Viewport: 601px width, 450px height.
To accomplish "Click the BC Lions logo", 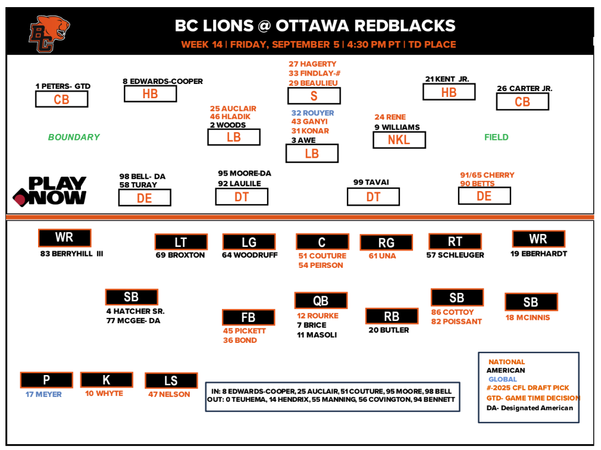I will (49, 34).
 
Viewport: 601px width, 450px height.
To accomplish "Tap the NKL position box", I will (399, 140).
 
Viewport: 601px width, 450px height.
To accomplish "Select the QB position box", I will (320, 301).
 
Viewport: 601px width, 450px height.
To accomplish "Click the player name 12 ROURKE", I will (318, 315).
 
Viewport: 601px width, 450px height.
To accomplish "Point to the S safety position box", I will (314, 96).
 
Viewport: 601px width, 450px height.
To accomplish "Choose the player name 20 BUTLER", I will (389, 330).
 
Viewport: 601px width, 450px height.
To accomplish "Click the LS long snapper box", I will (171, 381).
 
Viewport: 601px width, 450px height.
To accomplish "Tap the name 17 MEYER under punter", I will (43, 394).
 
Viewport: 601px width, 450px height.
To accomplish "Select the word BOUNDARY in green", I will (74, 137).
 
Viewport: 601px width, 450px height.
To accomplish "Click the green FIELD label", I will (496, 137).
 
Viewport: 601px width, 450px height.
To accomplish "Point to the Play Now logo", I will (50, 191).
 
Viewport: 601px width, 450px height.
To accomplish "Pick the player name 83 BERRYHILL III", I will (72, 254).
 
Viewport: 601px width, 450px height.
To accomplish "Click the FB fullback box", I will (248, 318).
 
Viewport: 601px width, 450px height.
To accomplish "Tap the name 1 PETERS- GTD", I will (63, 86).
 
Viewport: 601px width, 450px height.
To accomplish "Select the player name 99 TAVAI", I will (371, 182).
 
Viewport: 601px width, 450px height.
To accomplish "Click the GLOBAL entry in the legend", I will (503, 379).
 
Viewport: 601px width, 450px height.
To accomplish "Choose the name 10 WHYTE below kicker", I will (104, 393).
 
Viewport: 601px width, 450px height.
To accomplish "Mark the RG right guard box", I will (386, 243).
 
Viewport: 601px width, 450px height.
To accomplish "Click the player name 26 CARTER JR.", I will (524, 89).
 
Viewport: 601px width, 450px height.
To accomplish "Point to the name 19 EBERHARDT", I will (539, 254).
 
